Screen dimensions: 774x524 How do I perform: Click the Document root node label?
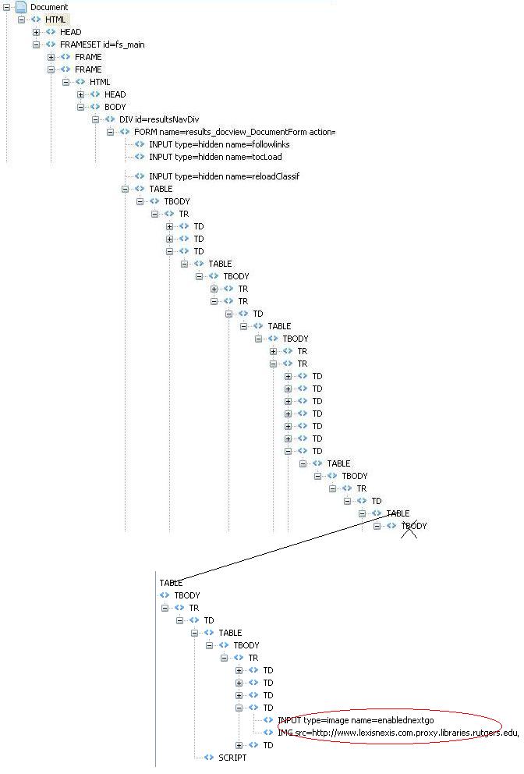(49, 7)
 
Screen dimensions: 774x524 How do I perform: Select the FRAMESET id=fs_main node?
(102, 44)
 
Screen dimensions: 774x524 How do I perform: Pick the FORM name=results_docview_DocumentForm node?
(234, 132)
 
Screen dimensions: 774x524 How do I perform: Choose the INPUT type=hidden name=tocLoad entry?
(204, 157)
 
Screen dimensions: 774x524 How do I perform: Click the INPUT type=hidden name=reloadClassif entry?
(224, 176)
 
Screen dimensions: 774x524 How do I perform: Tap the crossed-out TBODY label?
(414, 526)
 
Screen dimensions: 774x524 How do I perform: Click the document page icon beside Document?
(21, 7)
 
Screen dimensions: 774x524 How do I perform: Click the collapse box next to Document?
(7, 7)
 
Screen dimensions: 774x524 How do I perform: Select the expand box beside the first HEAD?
(37, 32)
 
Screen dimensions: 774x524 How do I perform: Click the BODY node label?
(115, 107)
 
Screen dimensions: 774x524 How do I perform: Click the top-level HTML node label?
(56, 20)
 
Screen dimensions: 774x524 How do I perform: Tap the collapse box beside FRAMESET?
(37, 44)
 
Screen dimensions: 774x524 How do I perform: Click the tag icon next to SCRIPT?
(207, 758)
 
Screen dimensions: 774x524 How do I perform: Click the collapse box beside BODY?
(80, 107)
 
